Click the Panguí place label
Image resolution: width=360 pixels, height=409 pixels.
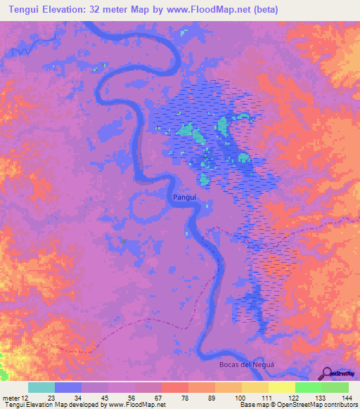[x=184, y=199]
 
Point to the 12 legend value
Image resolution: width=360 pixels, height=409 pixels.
[x=25, y=398]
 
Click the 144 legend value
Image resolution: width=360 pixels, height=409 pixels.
[x=346, y=398]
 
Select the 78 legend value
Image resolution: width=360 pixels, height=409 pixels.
[x=186, y=398]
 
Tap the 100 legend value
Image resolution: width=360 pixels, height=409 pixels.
[x=239, y=398]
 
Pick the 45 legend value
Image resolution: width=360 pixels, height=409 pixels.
[x=105, y=398]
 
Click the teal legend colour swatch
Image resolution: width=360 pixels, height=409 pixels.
[x=41, y=387]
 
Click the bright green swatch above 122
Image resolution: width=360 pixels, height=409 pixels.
[x=309, y=387]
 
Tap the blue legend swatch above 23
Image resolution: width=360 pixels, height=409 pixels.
[x=68, y=387]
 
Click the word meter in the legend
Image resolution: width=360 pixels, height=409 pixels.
[x=11, y=398]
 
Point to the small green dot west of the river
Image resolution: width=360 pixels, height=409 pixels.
[x=124, y=241]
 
